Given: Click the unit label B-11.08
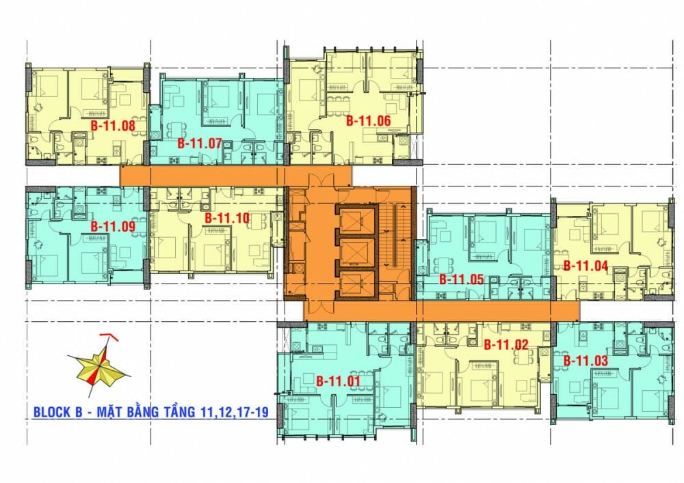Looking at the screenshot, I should point(113,126).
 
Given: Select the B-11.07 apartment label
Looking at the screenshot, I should point(200,143).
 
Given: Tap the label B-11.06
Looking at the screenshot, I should point(368,121).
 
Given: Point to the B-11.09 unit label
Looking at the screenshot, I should point(113,226).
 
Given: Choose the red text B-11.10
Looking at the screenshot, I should point(227,218).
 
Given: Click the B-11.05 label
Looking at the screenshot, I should point(461,279).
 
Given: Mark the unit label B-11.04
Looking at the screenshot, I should point(586,266).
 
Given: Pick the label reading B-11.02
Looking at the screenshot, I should point(506,345).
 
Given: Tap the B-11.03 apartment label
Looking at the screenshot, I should point(586,359).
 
